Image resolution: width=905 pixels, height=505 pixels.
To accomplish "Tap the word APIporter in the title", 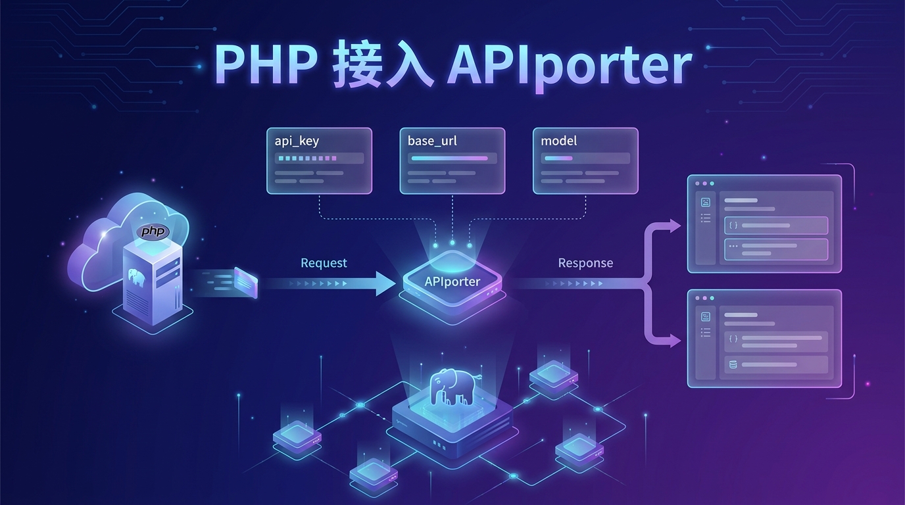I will [x=569, y=66].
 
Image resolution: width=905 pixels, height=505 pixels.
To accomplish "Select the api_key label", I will [x=297, y=141].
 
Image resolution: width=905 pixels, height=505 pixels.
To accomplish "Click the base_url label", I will [x=432, y=141].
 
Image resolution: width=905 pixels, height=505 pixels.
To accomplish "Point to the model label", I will [x=558, y=141].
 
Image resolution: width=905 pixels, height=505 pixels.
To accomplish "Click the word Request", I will [x=324, y=263].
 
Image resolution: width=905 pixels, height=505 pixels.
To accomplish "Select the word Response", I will [x=585, y=263].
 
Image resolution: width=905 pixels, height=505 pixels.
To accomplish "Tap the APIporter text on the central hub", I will [x=452, y=281].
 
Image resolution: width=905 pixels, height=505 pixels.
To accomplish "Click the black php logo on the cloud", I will [x=153, y=231].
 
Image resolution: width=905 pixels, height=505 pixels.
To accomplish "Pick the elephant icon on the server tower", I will [x=137, y=277].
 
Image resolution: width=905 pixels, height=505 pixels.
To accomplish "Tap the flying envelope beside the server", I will [x=244, y=281].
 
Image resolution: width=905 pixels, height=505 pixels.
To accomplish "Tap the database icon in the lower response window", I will [x=733, y=364].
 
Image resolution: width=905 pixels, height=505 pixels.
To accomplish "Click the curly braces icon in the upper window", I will [x=733, y=226].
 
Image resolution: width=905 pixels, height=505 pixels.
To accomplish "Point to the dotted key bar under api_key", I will [x=307, y=158].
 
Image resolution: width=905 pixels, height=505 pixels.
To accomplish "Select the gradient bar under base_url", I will [x=449, y=158].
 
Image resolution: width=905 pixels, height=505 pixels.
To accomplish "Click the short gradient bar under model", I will [x=558, y=158].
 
